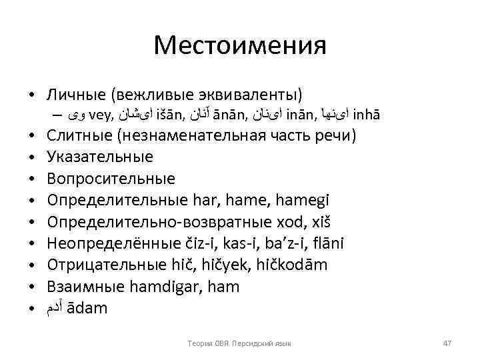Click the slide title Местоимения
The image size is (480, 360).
[x=240, y=45]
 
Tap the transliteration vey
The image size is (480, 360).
[x=99, y=113]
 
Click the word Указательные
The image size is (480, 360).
[x=100, y=157]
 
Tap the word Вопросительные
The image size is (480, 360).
[x=111, y=179]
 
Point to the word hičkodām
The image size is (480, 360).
[x=293, y=265]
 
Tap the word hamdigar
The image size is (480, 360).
[x=193, y=287]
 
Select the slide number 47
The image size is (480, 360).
[x=447, y=343]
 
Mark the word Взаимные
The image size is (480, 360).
[x=87, y=287]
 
